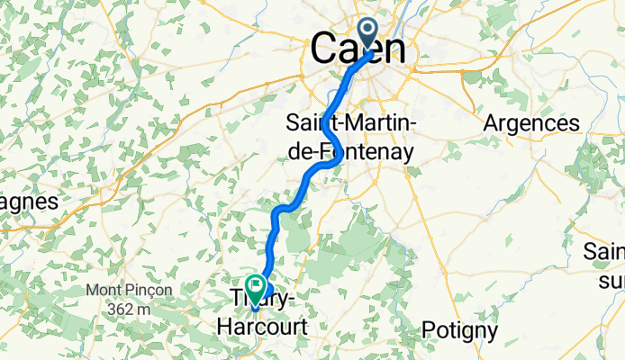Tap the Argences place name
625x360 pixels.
[531, 122]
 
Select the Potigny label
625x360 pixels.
[459, 330]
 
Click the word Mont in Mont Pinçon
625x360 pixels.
[104, 291]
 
